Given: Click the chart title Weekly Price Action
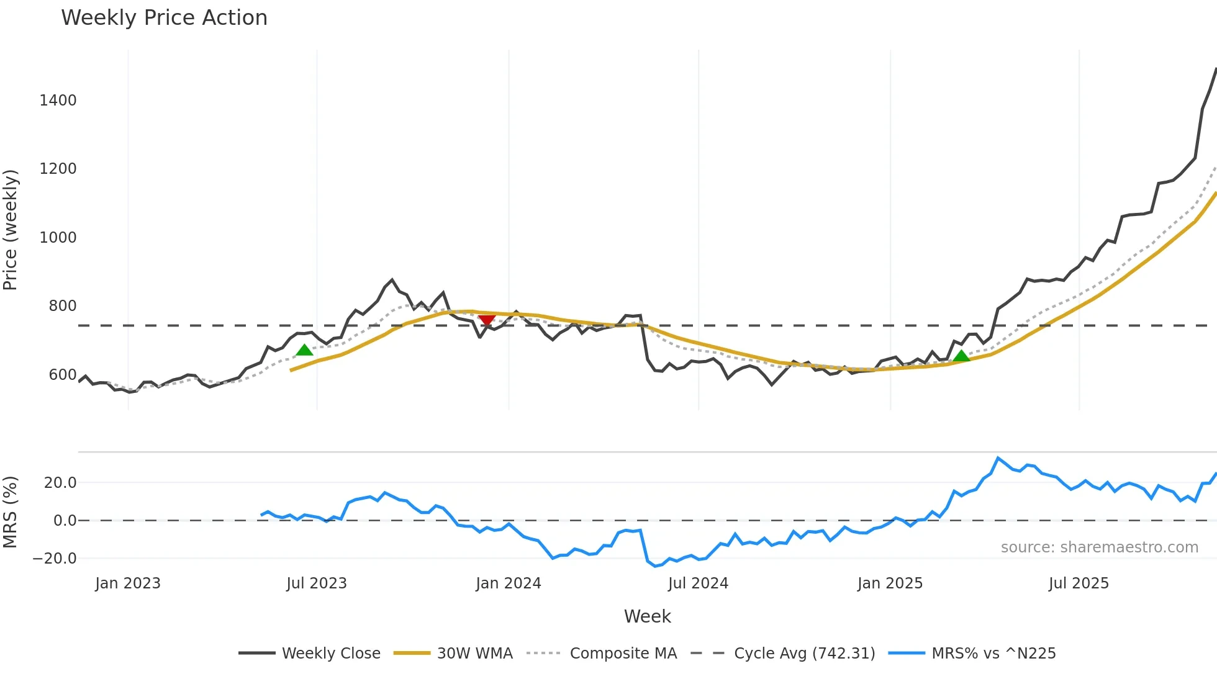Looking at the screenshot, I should point(164,18).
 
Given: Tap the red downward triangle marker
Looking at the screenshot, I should point(487,320).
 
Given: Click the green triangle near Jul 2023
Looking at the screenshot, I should point(304,350).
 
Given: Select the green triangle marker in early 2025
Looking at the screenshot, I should point(961,356).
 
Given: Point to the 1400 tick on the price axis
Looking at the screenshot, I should point(58,101).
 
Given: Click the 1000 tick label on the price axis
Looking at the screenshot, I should point(58,238).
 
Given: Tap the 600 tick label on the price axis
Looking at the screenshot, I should point(62,375).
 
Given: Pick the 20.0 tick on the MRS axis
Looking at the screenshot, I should point(60,483).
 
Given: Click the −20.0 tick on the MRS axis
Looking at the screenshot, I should point(55,559).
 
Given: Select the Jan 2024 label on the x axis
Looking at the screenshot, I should point(508,583).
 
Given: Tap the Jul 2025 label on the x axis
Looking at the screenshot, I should point(1079,583).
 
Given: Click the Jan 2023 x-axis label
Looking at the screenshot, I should point(128,583).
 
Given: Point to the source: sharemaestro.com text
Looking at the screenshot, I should point(1099,547).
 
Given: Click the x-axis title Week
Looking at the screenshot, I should point(647,616).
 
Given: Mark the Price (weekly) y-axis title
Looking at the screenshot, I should point(11,230).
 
